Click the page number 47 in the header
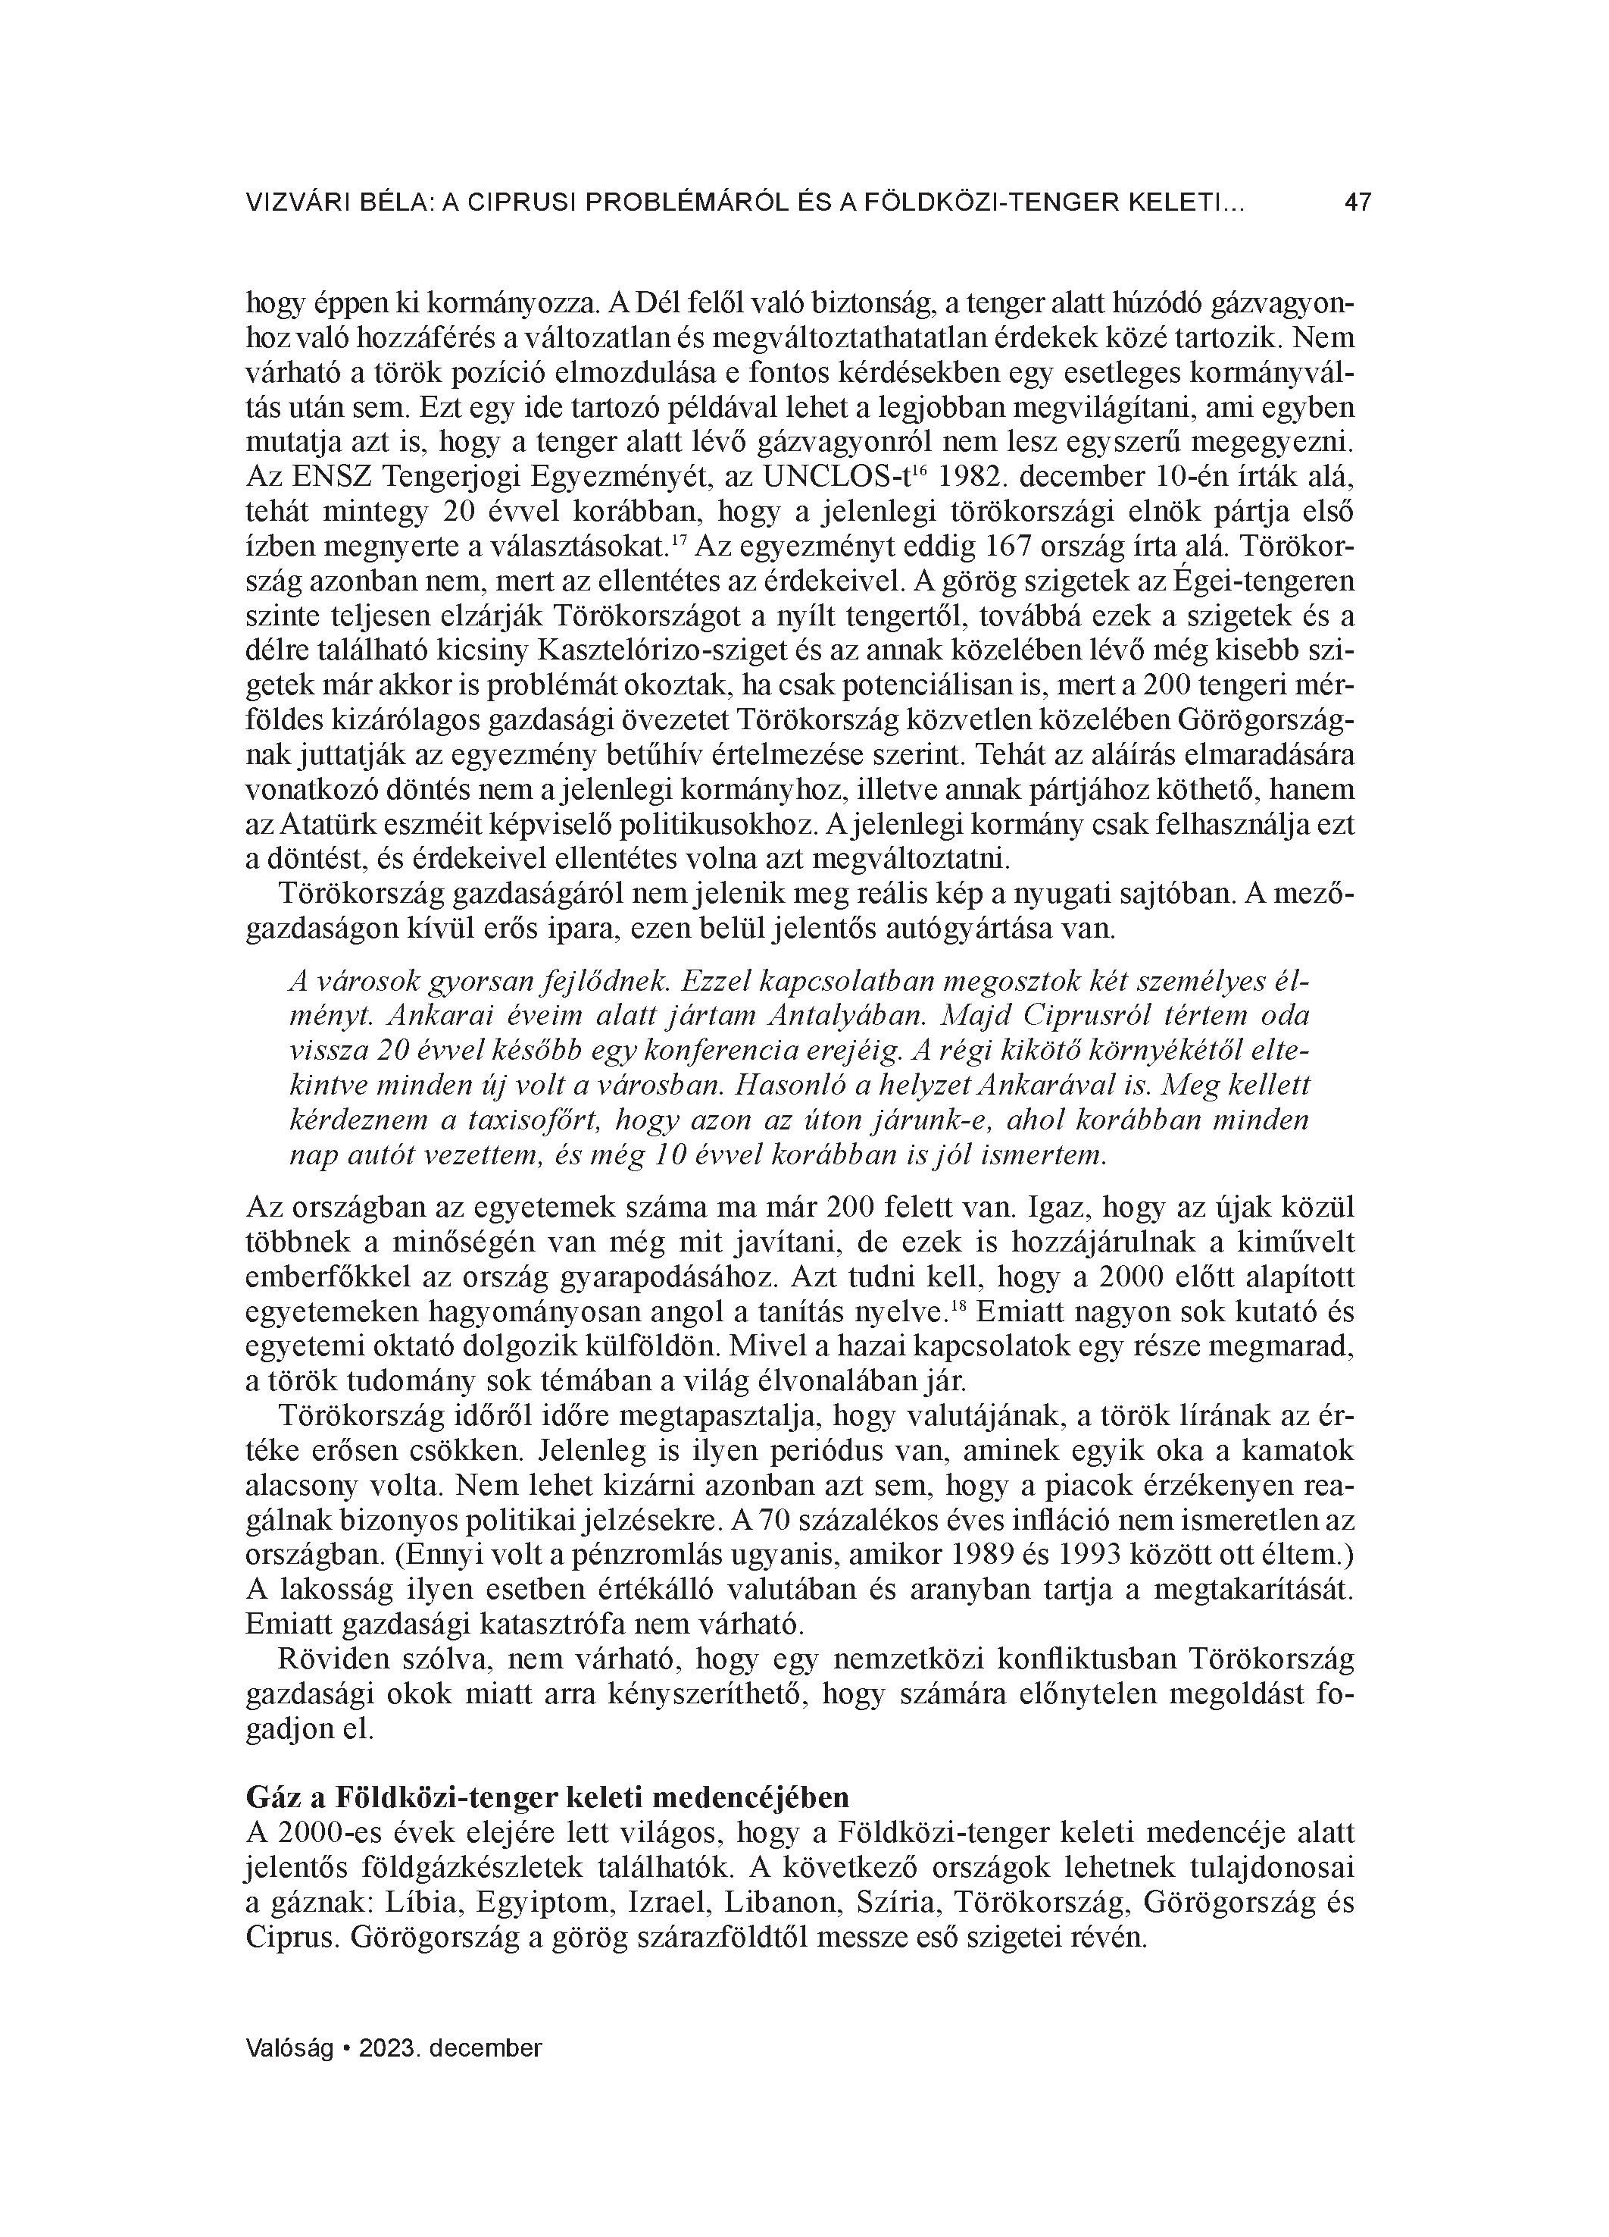[1357, 203]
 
